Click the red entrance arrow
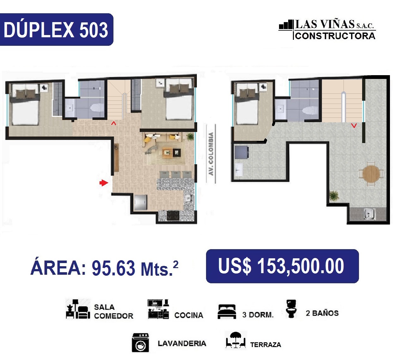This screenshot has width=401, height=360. tap(104, 183)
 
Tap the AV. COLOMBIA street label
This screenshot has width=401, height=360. tap(211, 154)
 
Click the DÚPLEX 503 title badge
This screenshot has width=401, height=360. tap(57, 29)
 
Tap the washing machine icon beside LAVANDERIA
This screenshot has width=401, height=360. tap(140, 343)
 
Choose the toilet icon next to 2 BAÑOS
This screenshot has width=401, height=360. tap(291, 309)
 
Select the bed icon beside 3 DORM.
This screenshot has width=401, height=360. tap(227, 312)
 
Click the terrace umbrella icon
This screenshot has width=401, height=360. tap(235, 340)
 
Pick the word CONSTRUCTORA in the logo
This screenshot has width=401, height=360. tap(335, 36)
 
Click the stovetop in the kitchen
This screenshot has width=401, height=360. tap(173, 215)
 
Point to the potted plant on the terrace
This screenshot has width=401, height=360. tap(334, 196)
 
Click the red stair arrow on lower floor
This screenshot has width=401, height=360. tap(113, 123)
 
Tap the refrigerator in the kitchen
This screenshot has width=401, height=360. tap(140, 202)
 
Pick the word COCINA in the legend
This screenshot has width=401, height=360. tap(189, 315)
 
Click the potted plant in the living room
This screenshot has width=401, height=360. tap(190, 136)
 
